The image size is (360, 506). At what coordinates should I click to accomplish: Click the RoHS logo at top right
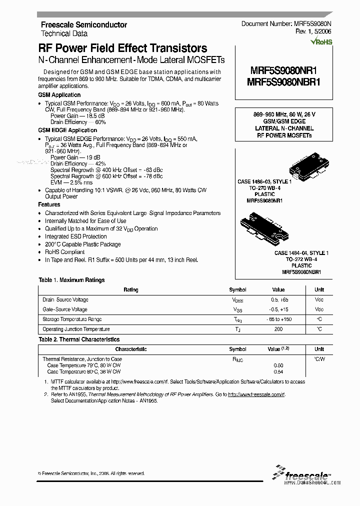(321, 42)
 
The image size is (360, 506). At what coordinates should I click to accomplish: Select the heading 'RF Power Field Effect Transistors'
(122, 48)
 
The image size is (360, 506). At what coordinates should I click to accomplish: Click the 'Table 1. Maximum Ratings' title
(71, 280)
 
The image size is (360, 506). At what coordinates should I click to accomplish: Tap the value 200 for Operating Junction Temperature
(278, 329)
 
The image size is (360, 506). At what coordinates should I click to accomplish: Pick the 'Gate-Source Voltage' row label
(65, 309)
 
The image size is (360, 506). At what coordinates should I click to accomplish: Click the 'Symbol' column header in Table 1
(237, 289)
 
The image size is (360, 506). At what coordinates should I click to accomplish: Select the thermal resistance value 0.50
(278, 365)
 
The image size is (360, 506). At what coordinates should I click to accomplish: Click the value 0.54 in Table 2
(278, 371)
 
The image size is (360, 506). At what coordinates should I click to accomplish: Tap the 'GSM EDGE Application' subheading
(67, 130)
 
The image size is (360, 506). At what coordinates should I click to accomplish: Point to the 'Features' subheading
(49, 204)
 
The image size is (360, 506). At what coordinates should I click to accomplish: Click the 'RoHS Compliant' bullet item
(64, 252)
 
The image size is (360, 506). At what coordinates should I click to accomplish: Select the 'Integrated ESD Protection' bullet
(75, 236)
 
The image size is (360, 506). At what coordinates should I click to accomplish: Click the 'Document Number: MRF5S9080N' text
(286, 24)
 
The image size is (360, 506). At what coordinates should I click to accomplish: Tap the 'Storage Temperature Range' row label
(72, 319)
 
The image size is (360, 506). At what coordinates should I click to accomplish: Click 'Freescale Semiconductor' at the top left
(83, 24)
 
